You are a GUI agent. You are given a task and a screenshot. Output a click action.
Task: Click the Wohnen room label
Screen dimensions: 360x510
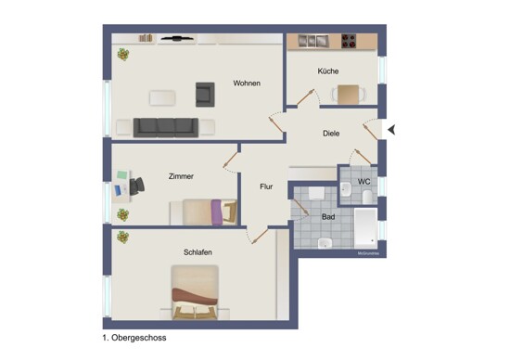[x=247, y=84]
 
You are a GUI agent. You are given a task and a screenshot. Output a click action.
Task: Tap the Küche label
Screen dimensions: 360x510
[x=328, y=71]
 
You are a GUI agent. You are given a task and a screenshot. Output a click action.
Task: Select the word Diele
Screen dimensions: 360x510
[x=331, y=134]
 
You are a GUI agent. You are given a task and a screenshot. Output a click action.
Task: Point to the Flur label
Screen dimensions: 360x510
[x=266, y=186]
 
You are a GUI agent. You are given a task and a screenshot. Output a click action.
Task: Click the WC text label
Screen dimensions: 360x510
[x=363, y=182]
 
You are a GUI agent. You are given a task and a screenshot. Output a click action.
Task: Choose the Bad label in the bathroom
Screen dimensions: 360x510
[x=329, y=216]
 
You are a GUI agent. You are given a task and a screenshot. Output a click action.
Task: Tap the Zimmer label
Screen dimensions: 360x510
[x=181, y=176]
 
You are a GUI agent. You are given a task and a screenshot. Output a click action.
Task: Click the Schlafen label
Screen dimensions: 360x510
[x=198, y=252]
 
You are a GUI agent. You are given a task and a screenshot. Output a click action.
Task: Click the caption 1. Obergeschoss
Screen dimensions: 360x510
[x=134, y=339]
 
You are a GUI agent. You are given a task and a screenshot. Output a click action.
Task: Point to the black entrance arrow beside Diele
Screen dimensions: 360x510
[x=391, y=130]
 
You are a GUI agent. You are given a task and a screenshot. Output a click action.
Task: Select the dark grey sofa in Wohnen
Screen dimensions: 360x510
[x=165, y=127]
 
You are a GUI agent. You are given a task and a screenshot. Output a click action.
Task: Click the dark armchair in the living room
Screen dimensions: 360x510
[x=205, y=93]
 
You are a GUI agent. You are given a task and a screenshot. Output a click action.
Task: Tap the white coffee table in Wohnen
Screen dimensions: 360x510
[x=164, y=96]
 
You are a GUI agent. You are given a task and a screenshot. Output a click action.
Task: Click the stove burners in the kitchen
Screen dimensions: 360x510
[x=351, y=41]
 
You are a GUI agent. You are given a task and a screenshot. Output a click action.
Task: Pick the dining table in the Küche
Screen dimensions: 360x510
[x=347, y=93]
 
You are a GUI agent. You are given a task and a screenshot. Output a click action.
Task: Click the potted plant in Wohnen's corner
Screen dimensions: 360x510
[x=122, y=55]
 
